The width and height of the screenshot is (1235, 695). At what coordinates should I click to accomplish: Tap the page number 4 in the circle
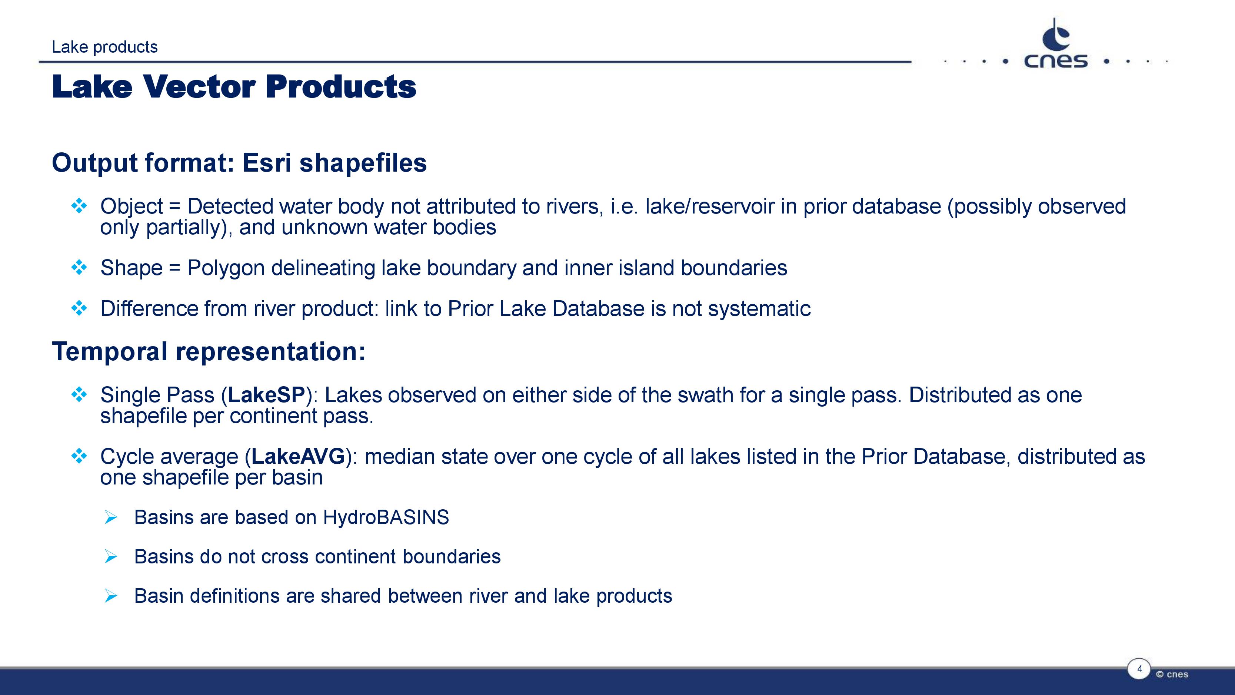tap(1139, 669)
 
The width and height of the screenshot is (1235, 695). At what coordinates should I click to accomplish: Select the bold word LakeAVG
tap(298, 456)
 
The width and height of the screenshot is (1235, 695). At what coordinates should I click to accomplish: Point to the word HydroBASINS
tap(386, 517)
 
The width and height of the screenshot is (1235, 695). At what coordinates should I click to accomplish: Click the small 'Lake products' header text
tap(104, 47)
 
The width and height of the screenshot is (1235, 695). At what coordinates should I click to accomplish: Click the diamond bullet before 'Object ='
tap(79, 206)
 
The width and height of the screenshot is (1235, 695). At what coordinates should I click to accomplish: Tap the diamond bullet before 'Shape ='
tap(79, 267)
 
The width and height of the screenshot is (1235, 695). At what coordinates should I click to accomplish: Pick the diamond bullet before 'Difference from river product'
tap(79, 308)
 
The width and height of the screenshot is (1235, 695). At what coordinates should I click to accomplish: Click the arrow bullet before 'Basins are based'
tap(111, 517)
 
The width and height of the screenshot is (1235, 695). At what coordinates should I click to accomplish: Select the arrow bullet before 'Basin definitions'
tap(111, 596)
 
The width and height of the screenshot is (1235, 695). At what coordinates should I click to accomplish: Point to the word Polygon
tap(226, 268)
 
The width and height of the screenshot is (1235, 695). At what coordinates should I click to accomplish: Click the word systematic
tap(759, 308)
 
